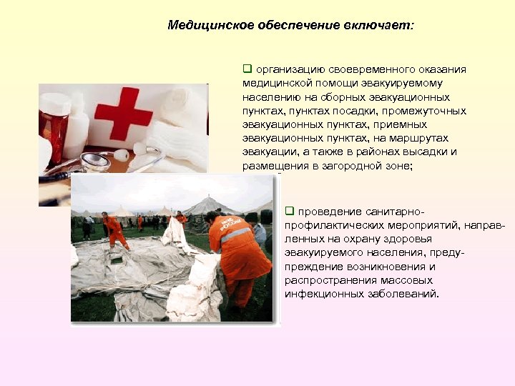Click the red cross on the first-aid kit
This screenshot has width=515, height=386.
pyautogui.click(x=123, y=112)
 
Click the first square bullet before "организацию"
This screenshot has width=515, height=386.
pyautogui.click(x=247, y=69)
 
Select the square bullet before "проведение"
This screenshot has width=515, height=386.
pyautogui.click(x=290, y=211)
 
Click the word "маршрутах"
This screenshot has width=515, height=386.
pyautogui.click(x=432, y=139)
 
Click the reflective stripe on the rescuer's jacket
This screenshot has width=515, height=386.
pyautogui.click(x=235, y=234)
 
